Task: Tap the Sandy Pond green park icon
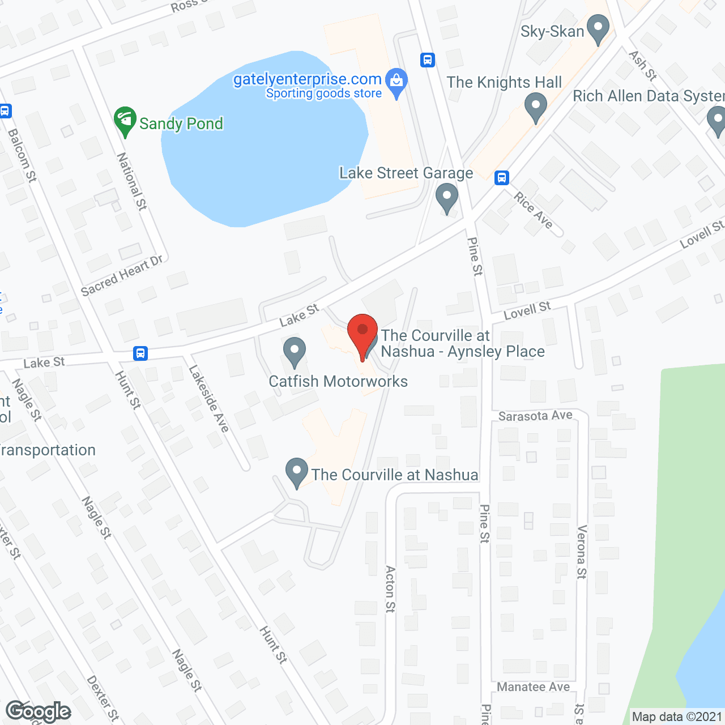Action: click(x=125, y=121)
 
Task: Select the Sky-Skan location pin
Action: click(x=598, y=29)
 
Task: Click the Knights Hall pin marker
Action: click(x=535, y=107)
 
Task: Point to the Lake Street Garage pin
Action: click(x=447, y=198)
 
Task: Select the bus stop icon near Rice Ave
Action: click(x=501, y=178)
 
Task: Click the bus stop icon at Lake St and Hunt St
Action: click(x=140, y=353)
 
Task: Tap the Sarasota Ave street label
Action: click(x=535, y=416)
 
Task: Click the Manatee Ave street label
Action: click(x=533, y=687)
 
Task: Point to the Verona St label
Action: click(x=581, y=552)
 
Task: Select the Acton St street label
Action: click(x=390, y=588)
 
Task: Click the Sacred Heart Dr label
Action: click(x=122, y=276)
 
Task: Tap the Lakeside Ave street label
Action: click(x=208, y=399)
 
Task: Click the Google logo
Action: click(x=39, y=711)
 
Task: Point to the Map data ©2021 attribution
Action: click(x=677, y=717)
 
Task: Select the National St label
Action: click(x=132, y=181)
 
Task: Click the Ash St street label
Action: click(x=642, y=66)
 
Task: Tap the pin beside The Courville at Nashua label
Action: click(x=296, y=472)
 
